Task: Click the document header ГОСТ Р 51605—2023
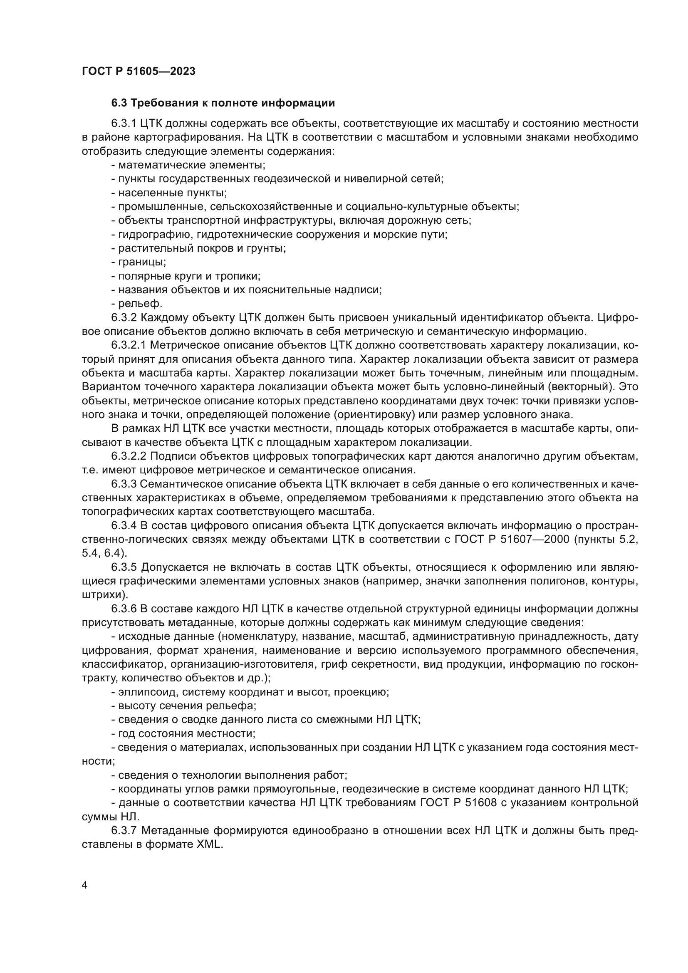point(139,71)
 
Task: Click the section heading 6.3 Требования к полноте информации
point(223,103)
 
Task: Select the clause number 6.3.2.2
point(129,456)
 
